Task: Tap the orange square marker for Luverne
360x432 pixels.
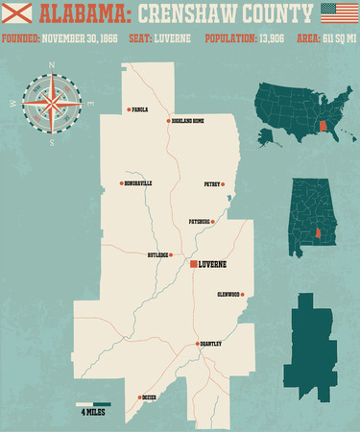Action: [x=193, y=262]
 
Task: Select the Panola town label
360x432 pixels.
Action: [x=139, y=109]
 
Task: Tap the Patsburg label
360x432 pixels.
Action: [x=200, y=221]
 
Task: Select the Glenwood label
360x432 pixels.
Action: [x=228, y=294]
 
